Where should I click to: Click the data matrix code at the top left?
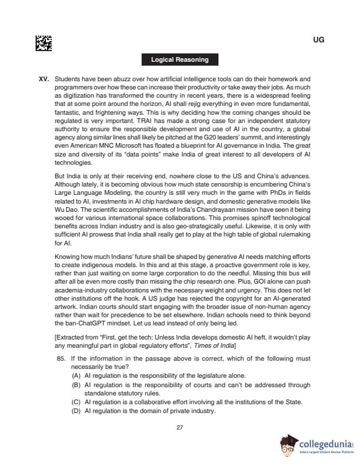pos(44,43)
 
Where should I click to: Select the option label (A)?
pos(76,375)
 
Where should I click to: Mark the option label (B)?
pos(76,385)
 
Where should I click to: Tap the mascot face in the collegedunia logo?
pos(289,447)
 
